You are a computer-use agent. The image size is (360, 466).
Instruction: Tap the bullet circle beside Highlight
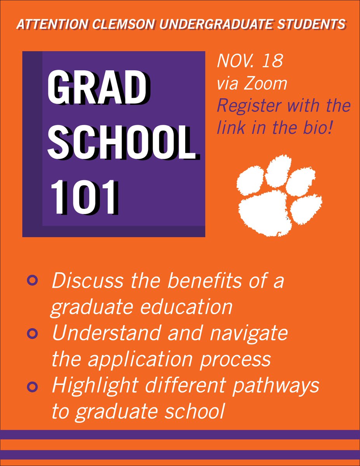(x=33, y=386)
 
